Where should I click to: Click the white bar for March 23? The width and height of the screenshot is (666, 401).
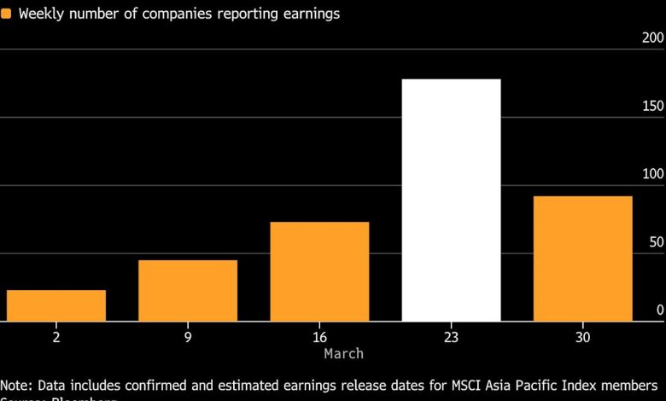pyautogui.click(x=451, y=200)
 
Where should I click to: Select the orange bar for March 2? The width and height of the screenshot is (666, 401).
pyautogui.click(x=56, y=305)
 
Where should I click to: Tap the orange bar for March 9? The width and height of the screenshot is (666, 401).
pyautogui.click(x=188, y=291)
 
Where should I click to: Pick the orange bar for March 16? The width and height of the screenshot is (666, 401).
pyautogui.click(x=319, y=271)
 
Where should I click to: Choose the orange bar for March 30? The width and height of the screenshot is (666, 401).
pyautogui.click(x=582, y=259)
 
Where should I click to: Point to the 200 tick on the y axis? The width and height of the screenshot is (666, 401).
pyautogui.click(x=651, y=38)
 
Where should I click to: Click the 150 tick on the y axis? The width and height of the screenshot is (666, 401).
pyautogui.click(x=651, y=106)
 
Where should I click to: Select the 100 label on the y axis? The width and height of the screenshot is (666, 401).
pyautogui.click(x=651, y=174)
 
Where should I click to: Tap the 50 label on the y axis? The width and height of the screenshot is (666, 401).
pyautogui.click(x=655, y=242)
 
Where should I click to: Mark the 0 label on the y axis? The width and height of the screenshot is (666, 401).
pyautogui.click(x=659, y=311)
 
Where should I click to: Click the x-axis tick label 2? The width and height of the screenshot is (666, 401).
pyautogui.click(x=56, y=338)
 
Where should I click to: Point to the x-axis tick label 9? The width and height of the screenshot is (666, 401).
pyautogui.click(x=188, y=338)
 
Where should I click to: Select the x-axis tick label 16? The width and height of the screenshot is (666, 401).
pyautogui.click(x=319, y=338)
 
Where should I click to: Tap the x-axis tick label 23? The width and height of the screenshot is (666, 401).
pyautogui.click(x=451, y=338)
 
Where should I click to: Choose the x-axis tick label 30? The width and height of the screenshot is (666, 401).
pyautogui.click(x=582, y=338)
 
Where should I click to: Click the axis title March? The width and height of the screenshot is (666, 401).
pyautogui.click(x=343, y=353)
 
